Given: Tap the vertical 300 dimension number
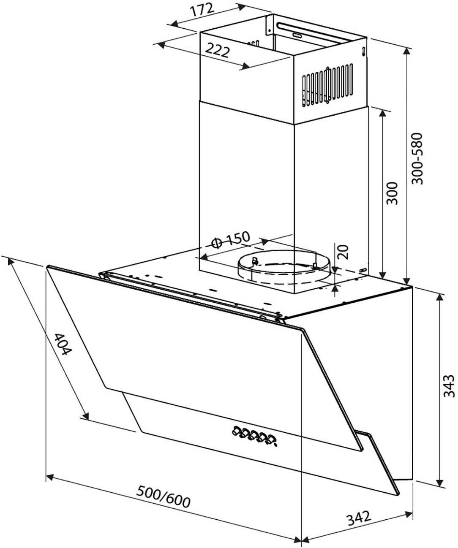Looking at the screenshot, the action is [x=393, y=193].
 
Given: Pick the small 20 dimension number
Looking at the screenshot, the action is [x=343, y=252].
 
